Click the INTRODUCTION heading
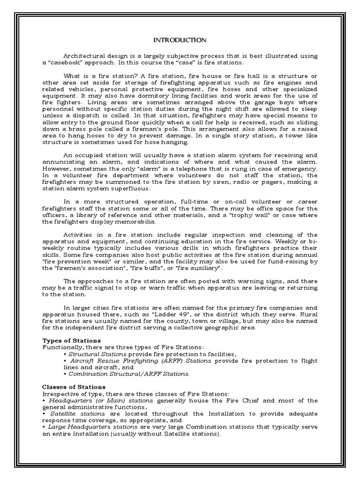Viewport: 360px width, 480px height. coord(180,40)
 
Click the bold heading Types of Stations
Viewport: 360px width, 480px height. coord(71,340)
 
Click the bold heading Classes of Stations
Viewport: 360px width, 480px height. coord(74,387)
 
